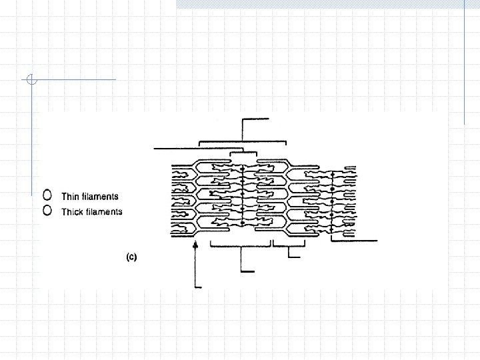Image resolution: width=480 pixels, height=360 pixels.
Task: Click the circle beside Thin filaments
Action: [47, 195]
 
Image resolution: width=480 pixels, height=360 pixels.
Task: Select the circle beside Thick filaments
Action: [47, 211]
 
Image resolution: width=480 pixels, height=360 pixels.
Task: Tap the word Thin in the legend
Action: [69, 196]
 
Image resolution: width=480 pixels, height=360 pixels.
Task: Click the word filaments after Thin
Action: [99, 196]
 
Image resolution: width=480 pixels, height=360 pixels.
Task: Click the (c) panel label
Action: [131, 257]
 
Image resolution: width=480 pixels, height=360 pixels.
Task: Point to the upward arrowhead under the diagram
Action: [195, 246]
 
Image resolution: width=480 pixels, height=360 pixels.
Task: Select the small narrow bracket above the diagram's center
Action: [243, 153]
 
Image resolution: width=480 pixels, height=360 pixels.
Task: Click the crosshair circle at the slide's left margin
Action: [31, 80]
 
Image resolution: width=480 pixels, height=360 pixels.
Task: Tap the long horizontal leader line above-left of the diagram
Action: [177, 148]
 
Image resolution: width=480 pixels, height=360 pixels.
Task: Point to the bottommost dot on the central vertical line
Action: [242, 228]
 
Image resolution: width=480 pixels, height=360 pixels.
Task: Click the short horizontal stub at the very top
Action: [257, 119]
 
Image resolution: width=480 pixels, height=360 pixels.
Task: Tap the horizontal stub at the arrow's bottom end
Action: [199, 287]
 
